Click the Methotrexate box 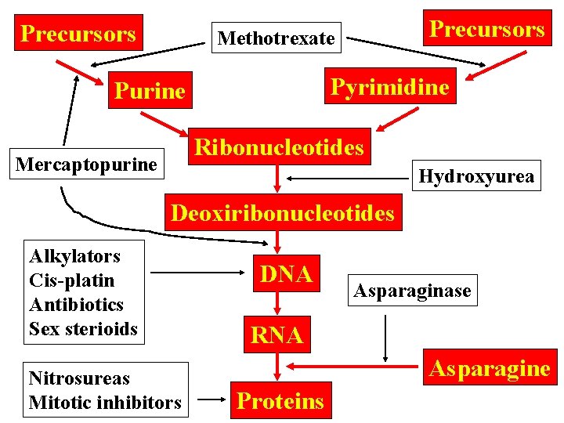(x=277, y=38)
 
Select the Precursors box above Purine (x=78, y=33)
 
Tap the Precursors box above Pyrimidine (x=486, y=29)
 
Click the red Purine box (x=150, y=91)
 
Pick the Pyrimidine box (x=389, y=87)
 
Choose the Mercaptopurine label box (x=86, y=164)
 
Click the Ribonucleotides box (x=279, y=147)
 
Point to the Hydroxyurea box (x=476, y=176)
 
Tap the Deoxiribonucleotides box (x=282, y=213)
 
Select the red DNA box (x=286, y=273)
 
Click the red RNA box (x=277, y=335)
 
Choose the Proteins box (x=280, y=400)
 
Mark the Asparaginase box (x=412, y=291)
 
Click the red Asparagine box (x=488, y=368)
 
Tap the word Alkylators (x=74, y=256)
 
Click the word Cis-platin (x=71, y=280)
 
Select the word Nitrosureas (x=79, y=378)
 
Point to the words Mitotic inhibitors (x=105, y=403)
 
